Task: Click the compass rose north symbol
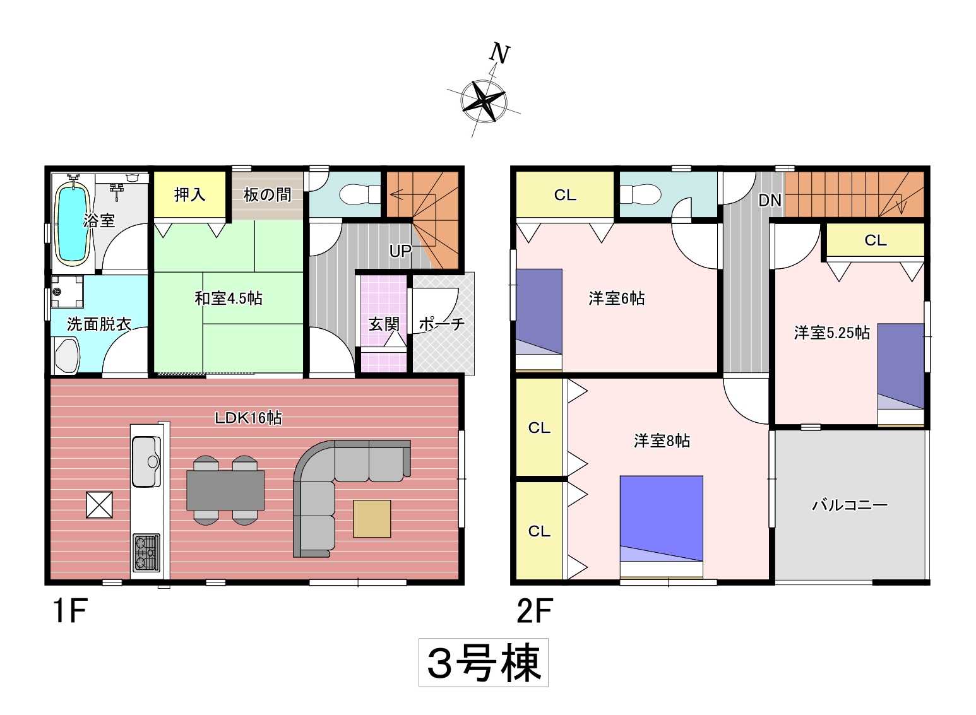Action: click(x=484, y=100)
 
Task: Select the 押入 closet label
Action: click(x=189, y=194)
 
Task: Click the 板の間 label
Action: click(x=267, y=194)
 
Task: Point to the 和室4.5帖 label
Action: click(x=229, y=298)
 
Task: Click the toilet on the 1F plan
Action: click(x=360, y=194)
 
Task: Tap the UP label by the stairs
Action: click(x=400, y=251)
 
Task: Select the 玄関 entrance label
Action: click(x=383, y=324)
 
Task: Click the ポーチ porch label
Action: click(x=441, y=324)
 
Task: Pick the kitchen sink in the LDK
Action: click(x=146, y=461)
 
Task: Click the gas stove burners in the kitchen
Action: click(x=146, y=553)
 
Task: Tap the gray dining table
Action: click(x=225, y=490)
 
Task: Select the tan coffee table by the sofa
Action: click(x=372, y=519)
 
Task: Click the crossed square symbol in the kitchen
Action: click(x=99, y=505)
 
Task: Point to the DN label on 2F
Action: click(x=770, y=200)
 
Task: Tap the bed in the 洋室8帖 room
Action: click(x=662, y=527)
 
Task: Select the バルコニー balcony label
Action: click(x=850, y=505)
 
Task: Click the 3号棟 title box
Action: click(x=483, y=663)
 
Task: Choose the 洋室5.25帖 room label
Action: click(x=832, y=333)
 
